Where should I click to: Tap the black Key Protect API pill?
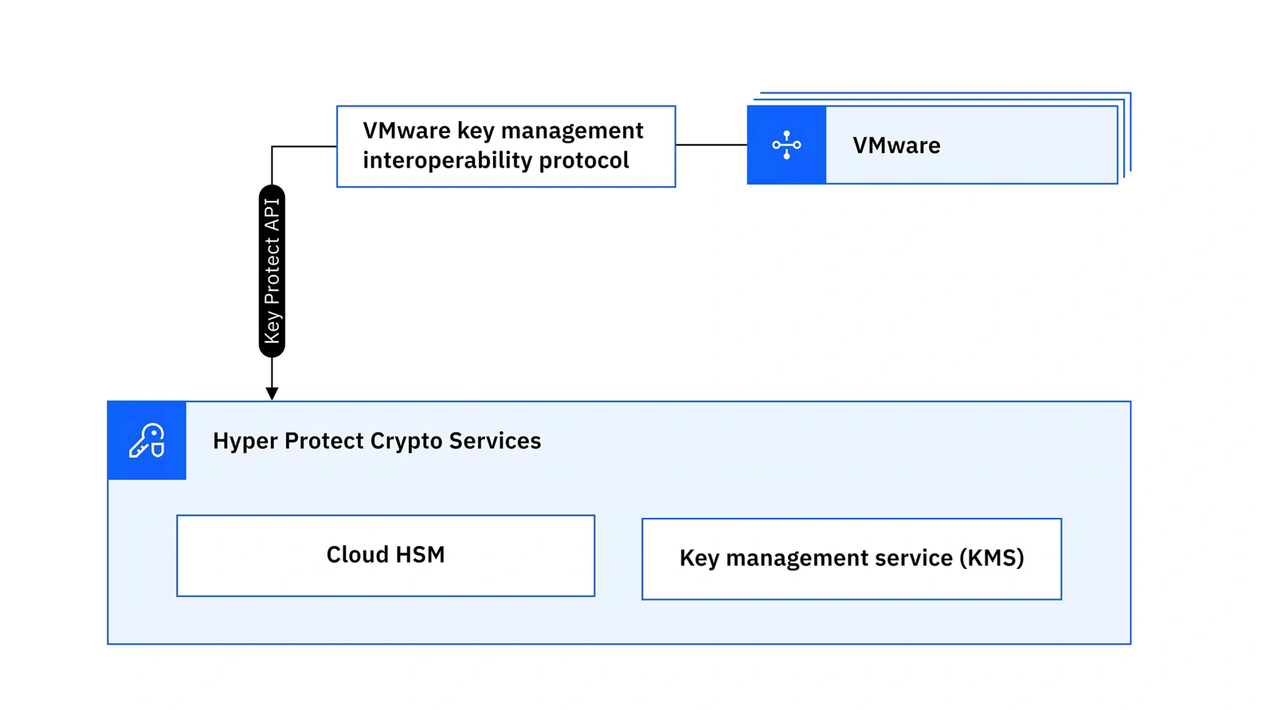coord(272,271)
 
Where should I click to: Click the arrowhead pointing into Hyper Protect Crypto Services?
coord(272,394)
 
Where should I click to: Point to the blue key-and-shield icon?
coord(147,441)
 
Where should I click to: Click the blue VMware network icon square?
coord(786,145)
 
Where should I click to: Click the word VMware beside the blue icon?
coord(896,146)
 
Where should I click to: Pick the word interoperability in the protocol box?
coord(447,160)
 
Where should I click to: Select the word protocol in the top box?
coord(584,160)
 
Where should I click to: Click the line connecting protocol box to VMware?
coord(711,145)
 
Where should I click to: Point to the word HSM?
coord(419,555)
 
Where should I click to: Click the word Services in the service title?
coord(495,441)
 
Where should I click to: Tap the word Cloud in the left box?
coord(356,555)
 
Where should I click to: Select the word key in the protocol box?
coord(476,131)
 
